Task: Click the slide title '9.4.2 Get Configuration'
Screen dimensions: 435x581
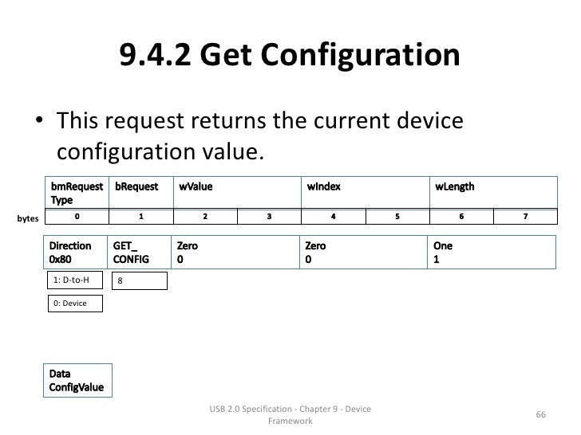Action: pyautogui.click(x=290, y=56)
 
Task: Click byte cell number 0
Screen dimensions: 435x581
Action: pyautogui.click(x=77, y=215)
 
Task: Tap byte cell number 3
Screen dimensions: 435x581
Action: pyautogui.click(x=269, y=215)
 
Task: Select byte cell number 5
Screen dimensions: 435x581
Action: pyautogui.click(x=397, y=215)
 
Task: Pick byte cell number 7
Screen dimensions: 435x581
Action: pyautogui.click(x=525, y=215)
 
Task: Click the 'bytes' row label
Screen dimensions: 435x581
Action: pyautogui.click(x=28, y=217)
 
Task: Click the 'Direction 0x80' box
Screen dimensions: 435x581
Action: pyautogui.click(x=77, y=253)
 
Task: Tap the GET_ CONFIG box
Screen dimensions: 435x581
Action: pyautogui.click(x=140, y=253)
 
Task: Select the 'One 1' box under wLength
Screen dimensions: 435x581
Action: pyautogui.click(x=492, y=253)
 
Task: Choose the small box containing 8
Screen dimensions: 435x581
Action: pyautogui.click(x=140, y=280)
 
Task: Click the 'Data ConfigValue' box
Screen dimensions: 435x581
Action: pyautogui.click(x=78, y=381)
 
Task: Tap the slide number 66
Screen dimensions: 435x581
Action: pyautogui.click(x=540, y=414)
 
